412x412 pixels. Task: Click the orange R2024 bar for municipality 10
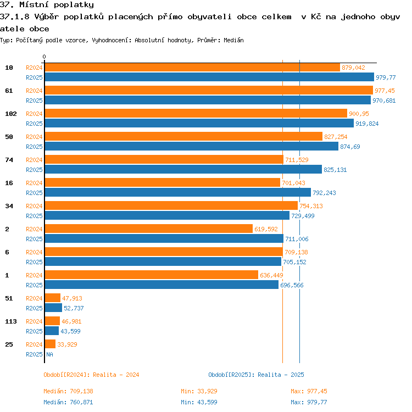tap(192, 68)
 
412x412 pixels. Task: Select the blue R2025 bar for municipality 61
tap(208, 100)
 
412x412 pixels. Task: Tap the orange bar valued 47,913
tap(53, 298)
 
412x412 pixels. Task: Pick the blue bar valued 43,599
tap(52, 331)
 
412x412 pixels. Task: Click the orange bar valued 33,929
tap(50, 344)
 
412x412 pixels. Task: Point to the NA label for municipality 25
tap(49, 354)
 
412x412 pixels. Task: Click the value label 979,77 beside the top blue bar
tap(386, 77)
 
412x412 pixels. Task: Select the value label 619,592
tap(266, 229)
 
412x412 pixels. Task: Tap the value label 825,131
tap(335, 170)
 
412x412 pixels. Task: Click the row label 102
tap(11, 114)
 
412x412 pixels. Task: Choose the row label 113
tap(11, 321)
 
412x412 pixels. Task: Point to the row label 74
tap(9, 160)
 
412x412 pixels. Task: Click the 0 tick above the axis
tap(44, 57)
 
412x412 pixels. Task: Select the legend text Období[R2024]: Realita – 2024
tap(91, 375)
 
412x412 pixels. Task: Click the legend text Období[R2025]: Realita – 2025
tap(256, 375)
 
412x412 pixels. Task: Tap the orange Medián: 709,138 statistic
tap(68, 391)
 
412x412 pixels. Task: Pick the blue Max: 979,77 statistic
tap(309, 402)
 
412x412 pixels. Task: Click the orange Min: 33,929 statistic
tap(199, 391)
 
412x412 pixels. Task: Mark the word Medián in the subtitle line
tap(233, 40)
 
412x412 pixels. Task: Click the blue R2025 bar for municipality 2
tap(164, 238)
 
